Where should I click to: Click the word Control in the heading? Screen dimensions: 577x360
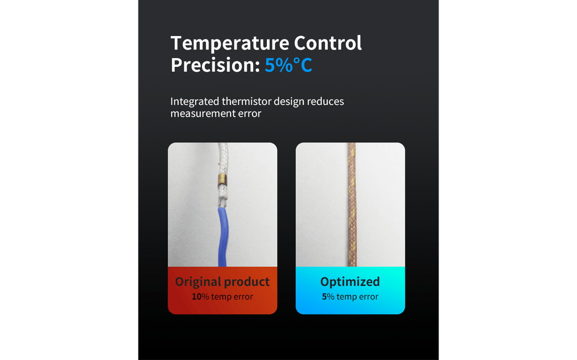(327, 43)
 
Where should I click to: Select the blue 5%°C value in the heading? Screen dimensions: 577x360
(288, 65)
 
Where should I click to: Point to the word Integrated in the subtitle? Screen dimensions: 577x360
(194, 102)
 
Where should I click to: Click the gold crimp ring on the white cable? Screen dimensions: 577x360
(223, 181)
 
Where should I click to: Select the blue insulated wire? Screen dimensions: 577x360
(223, 236)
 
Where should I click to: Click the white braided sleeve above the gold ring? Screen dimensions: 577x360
(223, 158)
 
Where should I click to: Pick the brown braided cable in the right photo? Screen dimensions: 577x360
(352, 205)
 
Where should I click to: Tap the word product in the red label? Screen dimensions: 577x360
(247, 282)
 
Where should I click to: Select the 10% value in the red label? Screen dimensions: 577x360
(201, 297)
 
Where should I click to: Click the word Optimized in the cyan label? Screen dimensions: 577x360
(350, 282)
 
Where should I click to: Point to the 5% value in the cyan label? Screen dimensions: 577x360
(328, 297)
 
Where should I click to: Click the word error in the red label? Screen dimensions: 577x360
(243, 297)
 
